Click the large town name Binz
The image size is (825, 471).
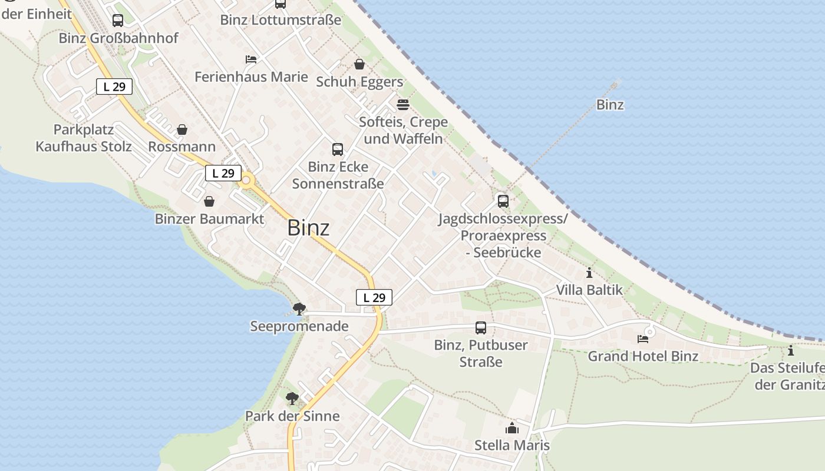pyautogui.click(x=308, y=228)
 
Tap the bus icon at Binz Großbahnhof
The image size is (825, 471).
pyautogui.click(x=118, y=21)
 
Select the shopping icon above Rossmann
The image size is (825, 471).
pyautogui.click(x=182, y=130)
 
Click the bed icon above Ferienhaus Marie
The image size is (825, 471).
pyautogui.click(x=251, y=59)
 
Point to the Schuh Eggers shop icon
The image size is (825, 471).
pyautogui.click(x=359, y=64)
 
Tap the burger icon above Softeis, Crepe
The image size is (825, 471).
pyautogui.click(x=403, y=105)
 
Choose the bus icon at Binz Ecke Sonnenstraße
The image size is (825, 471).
pyautogui.click(x=338, y=150)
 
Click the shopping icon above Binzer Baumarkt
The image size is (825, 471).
pyautogui.click(x=209, y=202)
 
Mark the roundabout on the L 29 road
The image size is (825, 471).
pyautogui.click(x=246, y=181)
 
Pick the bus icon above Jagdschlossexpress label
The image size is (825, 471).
pyautogui.click(x=503, y=201)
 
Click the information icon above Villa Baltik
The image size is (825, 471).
pyautogui.click(x=589, y=273)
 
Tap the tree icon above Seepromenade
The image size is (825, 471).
pyautogui.click(x=299, y=309)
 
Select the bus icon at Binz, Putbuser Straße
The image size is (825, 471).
pyautogui.click(x=481, y=328)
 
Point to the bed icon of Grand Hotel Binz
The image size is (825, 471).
pyautogui.click(x=643, y=339)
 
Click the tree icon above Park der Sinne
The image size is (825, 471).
pyautogui.click(x=292, y=399)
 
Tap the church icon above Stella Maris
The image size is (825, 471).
pyautogui.click(x=512, y=428)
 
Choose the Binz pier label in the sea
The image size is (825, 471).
pyautogui.click(x=610, y=105)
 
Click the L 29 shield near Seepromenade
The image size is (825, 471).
pyautogui.click(x=374, y=297)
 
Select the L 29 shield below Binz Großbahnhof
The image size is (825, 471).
pyautogui.click(x=114, y=87)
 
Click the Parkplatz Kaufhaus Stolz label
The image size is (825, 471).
pyautogui.click(x=84, y=138)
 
